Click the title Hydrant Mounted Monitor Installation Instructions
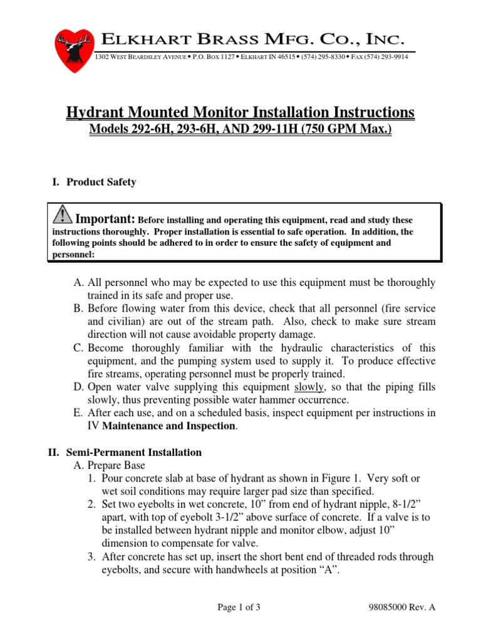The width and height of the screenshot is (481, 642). click(240, 113)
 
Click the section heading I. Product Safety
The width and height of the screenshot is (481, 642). click(93, 182)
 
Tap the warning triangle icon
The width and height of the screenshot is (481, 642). click(63, 215)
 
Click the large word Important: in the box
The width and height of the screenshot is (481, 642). click(105, 219)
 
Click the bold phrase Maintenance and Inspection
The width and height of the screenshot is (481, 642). click(169, 426)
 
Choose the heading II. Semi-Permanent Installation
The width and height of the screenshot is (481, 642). click(126, 452)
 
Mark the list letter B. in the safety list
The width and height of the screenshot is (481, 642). click(79, 309)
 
